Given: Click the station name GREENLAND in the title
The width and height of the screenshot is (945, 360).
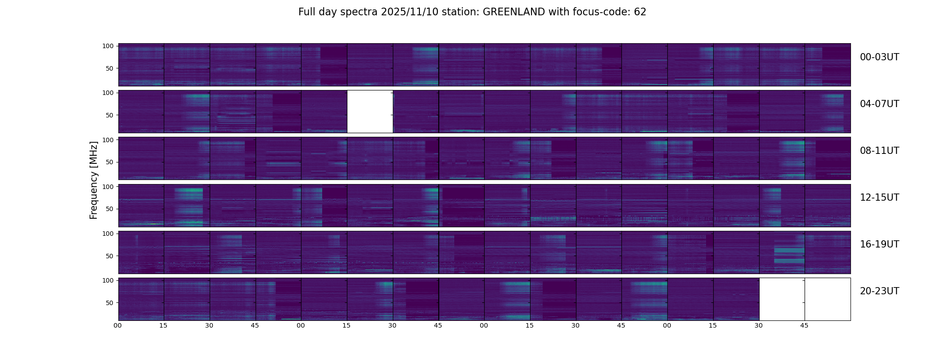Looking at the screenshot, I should pos(514,12).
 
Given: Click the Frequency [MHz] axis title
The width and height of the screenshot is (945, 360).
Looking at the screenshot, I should pos(94,180).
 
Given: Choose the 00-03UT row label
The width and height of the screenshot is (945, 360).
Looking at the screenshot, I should pos(879,57).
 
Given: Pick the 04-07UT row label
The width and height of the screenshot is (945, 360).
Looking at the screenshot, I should pos(879,104).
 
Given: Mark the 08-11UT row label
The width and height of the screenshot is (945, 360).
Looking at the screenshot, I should pos(879,151).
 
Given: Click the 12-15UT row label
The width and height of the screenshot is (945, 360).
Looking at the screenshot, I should pos(879,198).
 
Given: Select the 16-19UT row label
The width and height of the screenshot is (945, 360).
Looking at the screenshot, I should pos(879,244).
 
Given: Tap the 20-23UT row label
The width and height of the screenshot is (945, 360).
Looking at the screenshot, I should pos(879,291).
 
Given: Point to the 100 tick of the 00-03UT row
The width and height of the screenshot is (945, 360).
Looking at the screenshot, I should pos(108,46).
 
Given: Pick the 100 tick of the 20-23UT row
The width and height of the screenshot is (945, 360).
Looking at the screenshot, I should pos(108,280).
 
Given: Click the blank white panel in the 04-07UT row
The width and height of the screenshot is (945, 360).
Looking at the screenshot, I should pos(370,112).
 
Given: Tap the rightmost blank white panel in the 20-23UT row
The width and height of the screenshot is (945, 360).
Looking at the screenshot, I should pos(828,299).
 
